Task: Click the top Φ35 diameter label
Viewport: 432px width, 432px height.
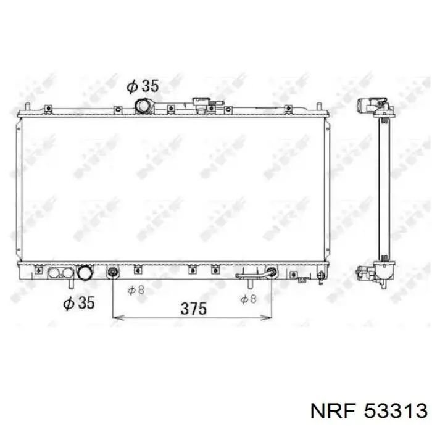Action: [x=143, y=86]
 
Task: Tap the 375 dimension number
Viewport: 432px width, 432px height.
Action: [x=193, y=309]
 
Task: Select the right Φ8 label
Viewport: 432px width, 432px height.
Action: [x=248, y=299]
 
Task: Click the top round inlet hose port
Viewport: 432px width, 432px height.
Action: [x=144, y=107]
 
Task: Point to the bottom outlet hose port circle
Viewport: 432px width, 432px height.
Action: [x=83, y=273]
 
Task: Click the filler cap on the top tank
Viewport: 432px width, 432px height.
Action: [x=201, y=103]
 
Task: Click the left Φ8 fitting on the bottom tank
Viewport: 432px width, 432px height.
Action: [x=112, y=272]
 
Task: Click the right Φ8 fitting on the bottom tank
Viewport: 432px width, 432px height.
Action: [x=270, y=272]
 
